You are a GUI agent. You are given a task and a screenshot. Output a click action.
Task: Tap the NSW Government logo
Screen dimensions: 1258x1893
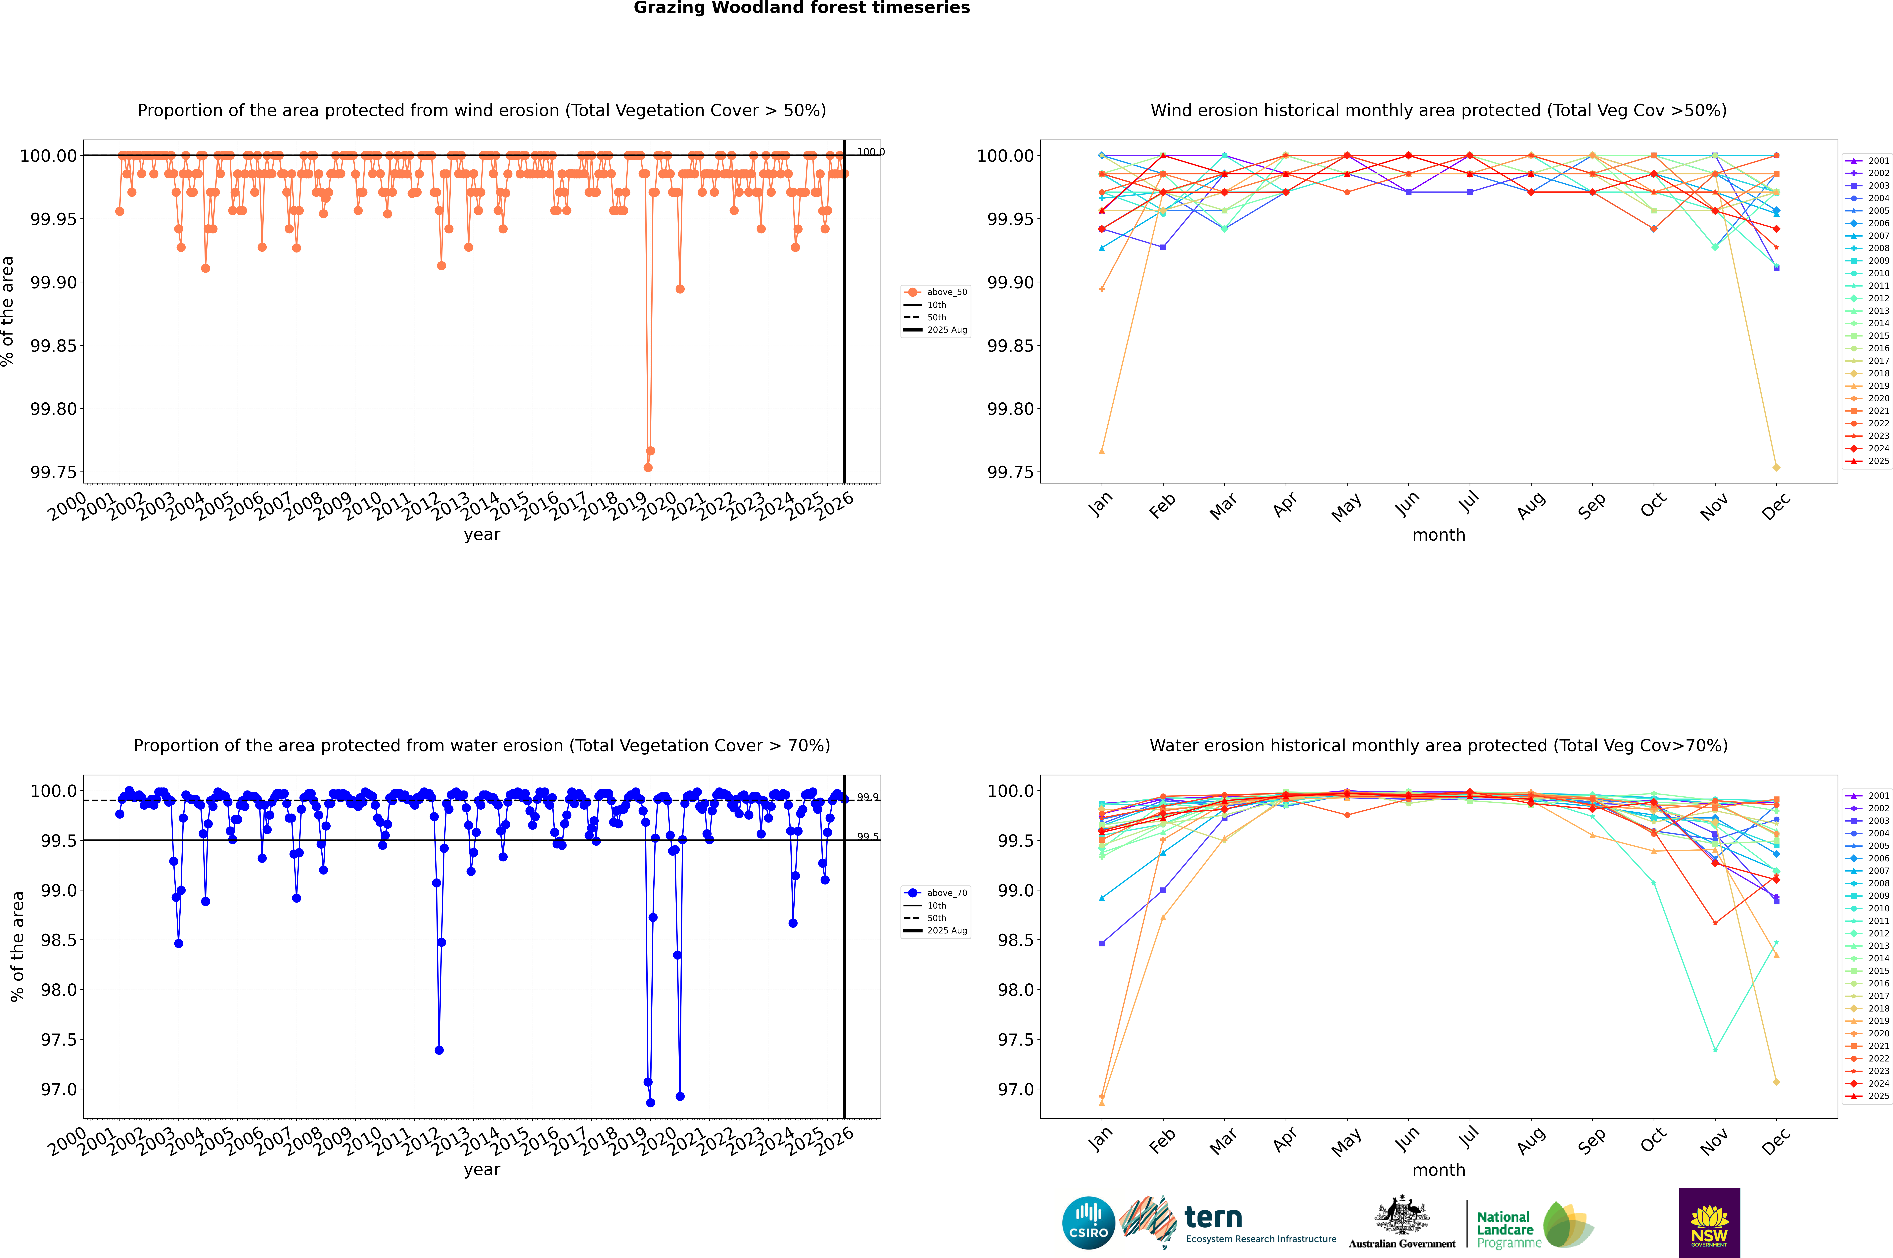pyautogui.click(x=1709, y=1223)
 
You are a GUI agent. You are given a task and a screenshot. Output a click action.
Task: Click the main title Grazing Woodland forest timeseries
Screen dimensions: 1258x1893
pyautogui.click(x=802, y=8)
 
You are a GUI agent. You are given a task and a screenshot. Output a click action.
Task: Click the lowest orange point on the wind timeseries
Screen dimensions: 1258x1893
pyautogui.click(x=648, y=468)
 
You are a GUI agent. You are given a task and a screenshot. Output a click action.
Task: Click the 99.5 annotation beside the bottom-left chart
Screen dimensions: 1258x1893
pyautogui.click(x=867, y=837)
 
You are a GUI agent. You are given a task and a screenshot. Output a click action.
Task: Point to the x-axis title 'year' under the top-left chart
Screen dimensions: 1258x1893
pyautogui.click(x=482, y=534)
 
